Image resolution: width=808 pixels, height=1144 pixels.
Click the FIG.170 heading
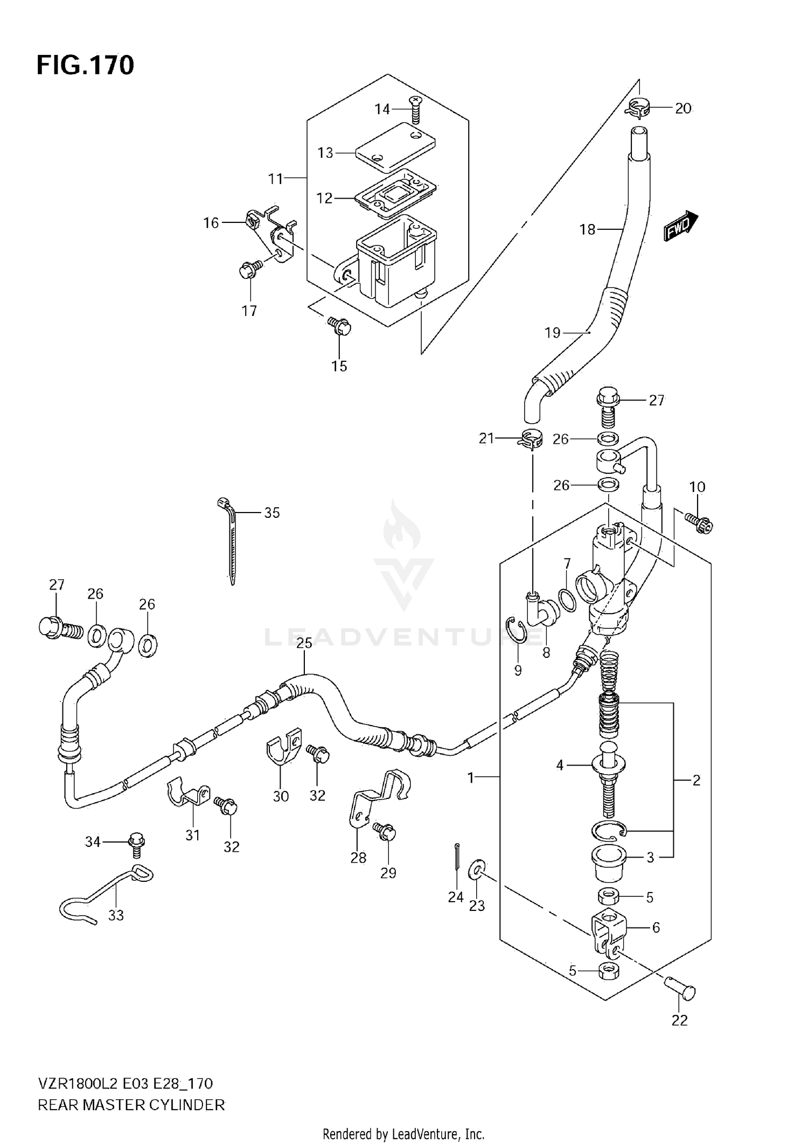(x=85, y=65)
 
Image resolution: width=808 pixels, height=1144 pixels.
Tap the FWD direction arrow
(x=680, y=226)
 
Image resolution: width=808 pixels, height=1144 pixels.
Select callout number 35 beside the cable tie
(x=272, y=513)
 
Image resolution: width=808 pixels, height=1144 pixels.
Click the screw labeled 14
(x=415, y=110)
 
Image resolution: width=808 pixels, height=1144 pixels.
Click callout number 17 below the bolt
(x=249, y=311)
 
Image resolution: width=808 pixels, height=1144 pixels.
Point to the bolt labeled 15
(x=340, y=326)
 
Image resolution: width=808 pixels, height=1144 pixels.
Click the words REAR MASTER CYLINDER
(x=131, y=1105)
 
